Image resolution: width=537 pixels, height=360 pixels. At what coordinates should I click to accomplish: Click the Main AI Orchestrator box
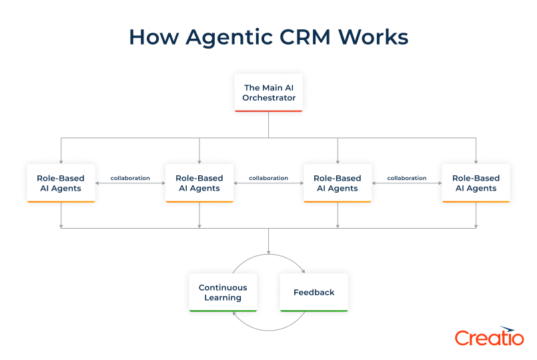click(269, 92)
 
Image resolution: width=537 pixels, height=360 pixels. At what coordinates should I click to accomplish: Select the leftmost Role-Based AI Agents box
click(61, 183)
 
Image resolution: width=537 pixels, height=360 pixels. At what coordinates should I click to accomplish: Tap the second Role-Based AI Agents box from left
click(199, 183)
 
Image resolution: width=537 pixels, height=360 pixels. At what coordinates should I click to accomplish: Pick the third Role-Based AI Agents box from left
click(338, 183)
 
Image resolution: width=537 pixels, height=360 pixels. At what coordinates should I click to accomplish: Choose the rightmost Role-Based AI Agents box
click(476, 183)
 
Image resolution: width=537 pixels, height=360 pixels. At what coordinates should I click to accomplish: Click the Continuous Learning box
click(223, 293)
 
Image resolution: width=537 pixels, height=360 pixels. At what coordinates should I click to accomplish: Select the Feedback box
click(314, 293)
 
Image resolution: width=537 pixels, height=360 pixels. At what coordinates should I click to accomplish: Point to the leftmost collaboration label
click(130, 178)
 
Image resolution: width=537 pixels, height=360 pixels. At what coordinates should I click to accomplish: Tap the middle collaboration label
click(268, 178)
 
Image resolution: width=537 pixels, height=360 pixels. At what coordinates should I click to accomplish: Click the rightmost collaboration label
click(406, 178)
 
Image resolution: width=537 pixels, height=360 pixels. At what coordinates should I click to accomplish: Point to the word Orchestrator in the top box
click(269, 98)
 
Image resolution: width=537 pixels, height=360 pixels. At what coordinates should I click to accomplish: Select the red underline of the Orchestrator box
click(269, 111)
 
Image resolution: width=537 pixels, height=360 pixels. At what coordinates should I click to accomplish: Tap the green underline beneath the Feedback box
click(314, 311)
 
